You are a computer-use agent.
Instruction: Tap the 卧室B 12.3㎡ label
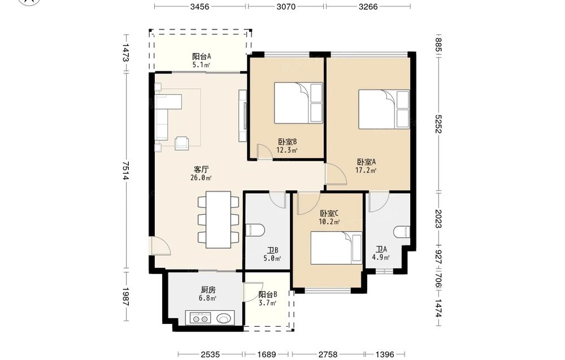pos(287,146)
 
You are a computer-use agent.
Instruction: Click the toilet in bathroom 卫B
pos(255,230)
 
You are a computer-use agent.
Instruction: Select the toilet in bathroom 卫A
pos(402,232)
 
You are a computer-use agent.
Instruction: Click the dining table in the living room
pos(218,219)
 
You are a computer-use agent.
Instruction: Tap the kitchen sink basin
pos(224,319)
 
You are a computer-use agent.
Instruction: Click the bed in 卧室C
pos(336,248)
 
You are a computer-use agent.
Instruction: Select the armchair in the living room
pos(182,143)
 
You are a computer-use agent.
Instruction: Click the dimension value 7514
pos(125,170)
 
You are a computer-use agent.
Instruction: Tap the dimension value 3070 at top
pos(286,6)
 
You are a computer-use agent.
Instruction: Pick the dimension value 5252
pos(438,124)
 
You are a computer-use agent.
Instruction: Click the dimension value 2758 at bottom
pos(328,354)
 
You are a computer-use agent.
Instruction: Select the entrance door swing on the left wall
pos(160,246)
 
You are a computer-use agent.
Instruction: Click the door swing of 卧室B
pos(264,151)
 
